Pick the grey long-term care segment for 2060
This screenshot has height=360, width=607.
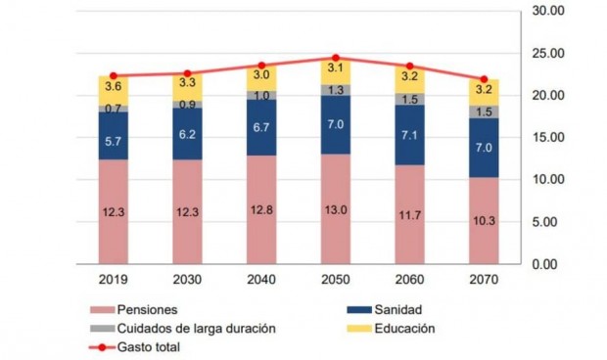click(x=409, y=99)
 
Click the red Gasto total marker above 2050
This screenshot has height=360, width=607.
click(x=335, y=58)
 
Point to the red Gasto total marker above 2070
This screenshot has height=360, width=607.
click(x=484, y=79)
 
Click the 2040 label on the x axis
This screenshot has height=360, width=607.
click(x=261, y=280)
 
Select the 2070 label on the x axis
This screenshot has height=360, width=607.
click(x=484, y=280)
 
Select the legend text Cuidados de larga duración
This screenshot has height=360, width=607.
click(x=197, y=328)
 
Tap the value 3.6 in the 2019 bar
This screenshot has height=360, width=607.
click(x=113, y=87)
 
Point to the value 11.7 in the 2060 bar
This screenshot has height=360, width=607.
click(x=409, y=214)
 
